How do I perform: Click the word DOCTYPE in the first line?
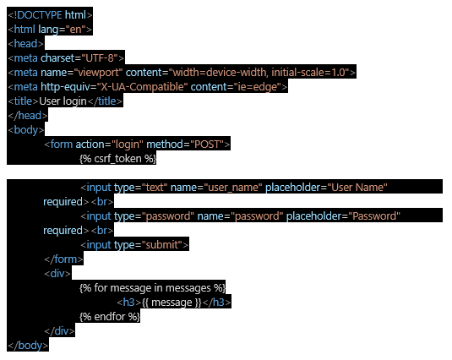(x=40, y=14)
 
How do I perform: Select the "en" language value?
(x=75, y=29)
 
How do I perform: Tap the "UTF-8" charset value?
(x=100, y=58)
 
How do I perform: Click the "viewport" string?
(x=99, y=73)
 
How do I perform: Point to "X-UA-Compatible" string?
(x=142, y=87)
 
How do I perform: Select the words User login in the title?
(x=63, y=101)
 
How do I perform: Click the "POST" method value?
(x=207, y=145)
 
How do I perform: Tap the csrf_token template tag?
(x=118, y=159)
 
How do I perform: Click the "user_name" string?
(x=233, y=188)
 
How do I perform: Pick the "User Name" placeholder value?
(x=357, y=188)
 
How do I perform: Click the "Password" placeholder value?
(x=374, y=216)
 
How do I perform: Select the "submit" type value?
(x=162, y=245)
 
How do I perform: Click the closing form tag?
(x=63, y=259)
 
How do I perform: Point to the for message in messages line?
(x=152, y=288)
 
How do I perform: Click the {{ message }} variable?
(x=172, y=303)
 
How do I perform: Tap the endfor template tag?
(x=110, y=317)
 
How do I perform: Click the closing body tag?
(x=28, y=346)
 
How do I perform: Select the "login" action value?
(x=128, y=145)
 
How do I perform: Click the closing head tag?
(x=28, y=116)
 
